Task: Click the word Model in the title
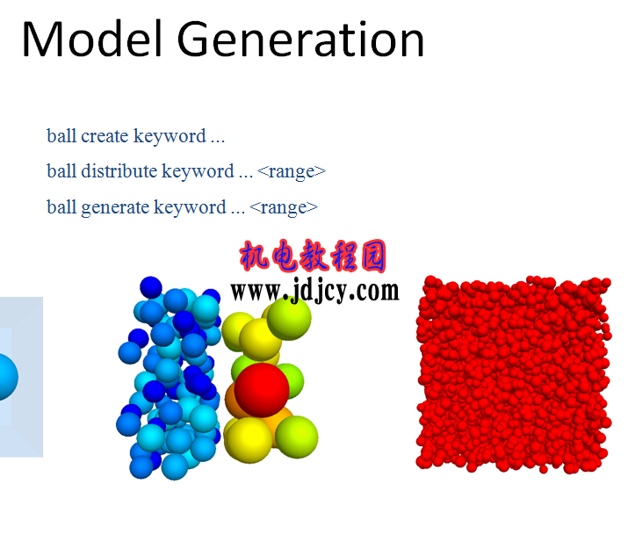(92, 39)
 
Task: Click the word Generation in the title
(300, 40)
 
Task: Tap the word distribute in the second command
(119, 171)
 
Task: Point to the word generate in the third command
(115, 208)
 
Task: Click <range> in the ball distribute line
(292, 172)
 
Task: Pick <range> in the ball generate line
(284, 208)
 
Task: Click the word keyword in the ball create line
(170, 136)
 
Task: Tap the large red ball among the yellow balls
(262, 389)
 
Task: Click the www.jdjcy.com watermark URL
(314, 290)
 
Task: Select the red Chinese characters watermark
(313, 256)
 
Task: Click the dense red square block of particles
(514, 374)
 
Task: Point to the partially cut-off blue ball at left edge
(8, 377)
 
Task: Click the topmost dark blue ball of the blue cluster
(151, 287)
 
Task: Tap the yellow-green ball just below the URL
(289, 318)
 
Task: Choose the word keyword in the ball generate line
(190, 208)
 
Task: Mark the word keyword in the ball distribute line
(198, 171)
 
